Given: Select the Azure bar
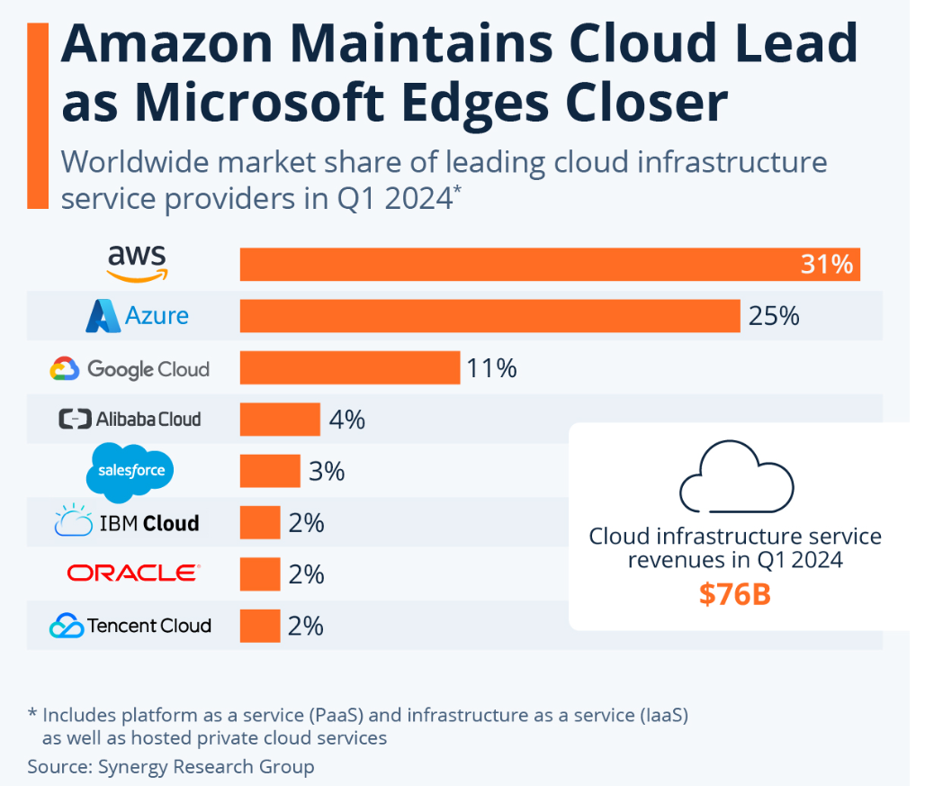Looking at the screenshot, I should pyautogui.click(x=489, y=316).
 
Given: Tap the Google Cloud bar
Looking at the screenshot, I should pyautogui.click(x=350, y=367).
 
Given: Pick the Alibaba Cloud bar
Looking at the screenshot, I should pyautogui.click(x=280, y=419).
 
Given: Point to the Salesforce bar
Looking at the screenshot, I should pyautogui.click(x=270, y=471).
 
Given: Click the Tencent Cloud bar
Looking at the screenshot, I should pyautogui.click(x=260, y=626).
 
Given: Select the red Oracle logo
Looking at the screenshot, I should pyautogui.click(x=133, y=574).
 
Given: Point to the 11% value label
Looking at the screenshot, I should pyautogui.click(x=491, y=368).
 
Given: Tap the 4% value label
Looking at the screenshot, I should pyautogui.click(x=346, y=420).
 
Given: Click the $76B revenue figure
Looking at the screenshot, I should pyautogui.click(x=735, y=595).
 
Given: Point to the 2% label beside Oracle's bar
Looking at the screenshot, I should pyautogui.click(x=306, y=574).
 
